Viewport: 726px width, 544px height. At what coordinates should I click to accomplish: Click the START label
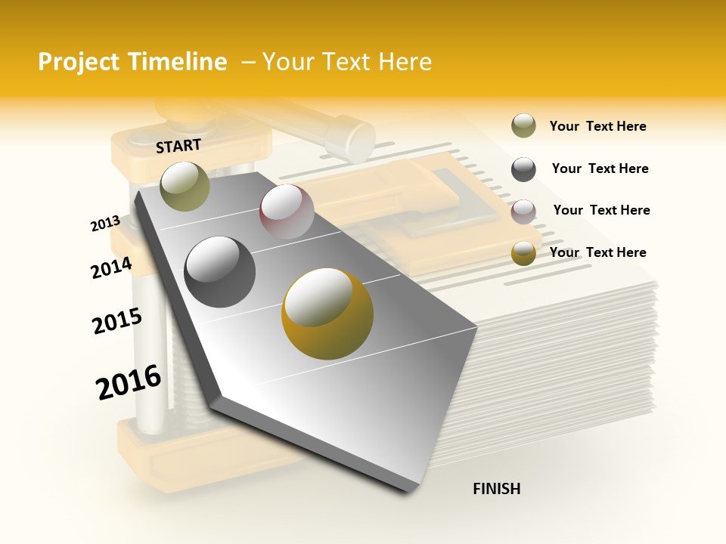coord(178,146)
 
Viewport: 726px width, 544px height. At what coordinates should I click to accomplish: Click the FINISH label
coord(496,489)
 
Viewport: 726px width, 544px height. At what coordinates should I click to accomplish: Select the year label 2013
coord(106,223)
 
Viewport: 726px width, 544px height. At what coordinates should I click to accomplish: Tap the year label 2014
coord(112,267)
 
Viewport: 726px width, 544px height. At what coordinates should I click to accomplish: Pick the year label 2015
coord(117,321)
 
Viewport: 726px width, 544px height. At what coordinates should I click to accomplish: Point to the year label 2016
coord(129,382)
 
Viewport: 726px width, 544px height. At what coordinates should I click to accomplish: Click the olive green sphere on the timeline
coord(185,186)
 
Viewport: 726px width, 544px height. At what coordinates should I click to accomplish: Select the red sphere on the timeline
coord(287,212)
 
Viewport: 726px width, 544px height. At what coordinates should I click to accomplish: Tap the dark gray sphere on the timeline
coord(220,272)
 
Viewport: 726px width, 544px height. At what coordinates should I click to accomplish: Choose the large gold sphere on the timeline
coord(327,314)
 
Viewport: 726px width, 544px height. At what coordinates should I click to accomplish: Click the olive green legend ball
coord(523,126)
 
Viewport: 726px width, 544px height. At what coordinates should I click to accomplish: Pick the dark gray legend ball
coord(523,169)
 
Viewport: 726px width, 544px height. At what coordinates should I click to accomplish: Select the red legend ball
coord(523,212)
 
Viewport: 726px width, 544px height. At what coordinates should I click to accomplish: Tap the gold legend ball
coord(523,253)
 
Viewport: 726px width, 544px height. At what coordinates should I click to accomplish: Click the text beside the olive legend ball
coord(597,126)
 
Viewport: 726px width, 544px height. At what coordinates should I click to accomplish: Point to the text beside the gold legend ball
coord(597,252)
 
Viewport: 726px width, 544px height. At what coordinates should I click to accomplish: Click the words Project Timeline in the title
coord(132,62)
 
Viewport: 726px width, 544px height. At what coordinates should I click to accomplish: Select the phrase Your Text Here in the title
coord(347,62)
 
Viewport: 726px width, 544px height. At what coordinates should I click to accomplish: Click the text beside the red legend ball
coord(601,210)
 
